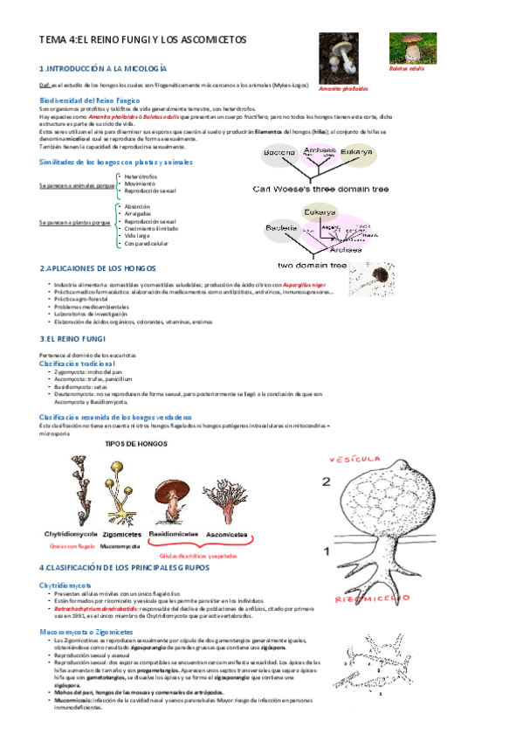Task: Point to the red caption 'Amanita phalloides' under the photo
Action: tap(343, 89)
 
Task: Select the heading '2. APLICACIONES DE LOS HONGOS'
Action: tap(99, 268)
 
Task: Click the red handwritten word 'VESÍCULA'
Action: tap(355, 460)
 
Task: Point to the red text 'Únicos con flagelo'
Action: tap(72, 545)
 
